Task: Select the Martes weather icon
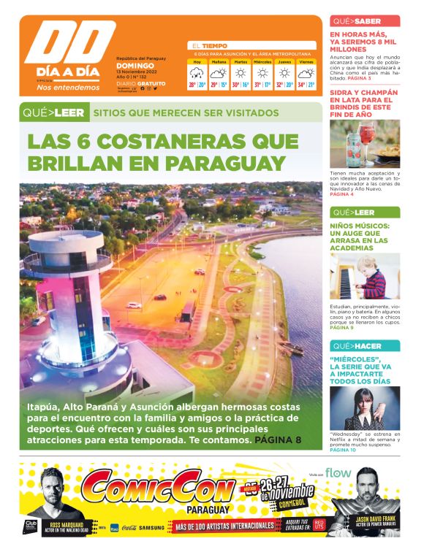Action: point(241,73)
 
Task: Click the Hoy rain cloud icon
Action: point(197,73)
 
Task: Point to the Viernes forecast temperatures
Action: point(306,85)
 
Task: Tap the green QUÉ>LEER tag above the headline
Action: point(53,112)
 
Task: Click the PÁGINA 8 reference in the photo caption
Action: point(278,440)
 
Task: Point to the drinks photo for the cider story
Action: point(365,143)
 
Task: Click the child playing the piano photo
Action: point(365,275)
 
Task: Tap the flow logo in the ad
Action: point(338,472)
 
